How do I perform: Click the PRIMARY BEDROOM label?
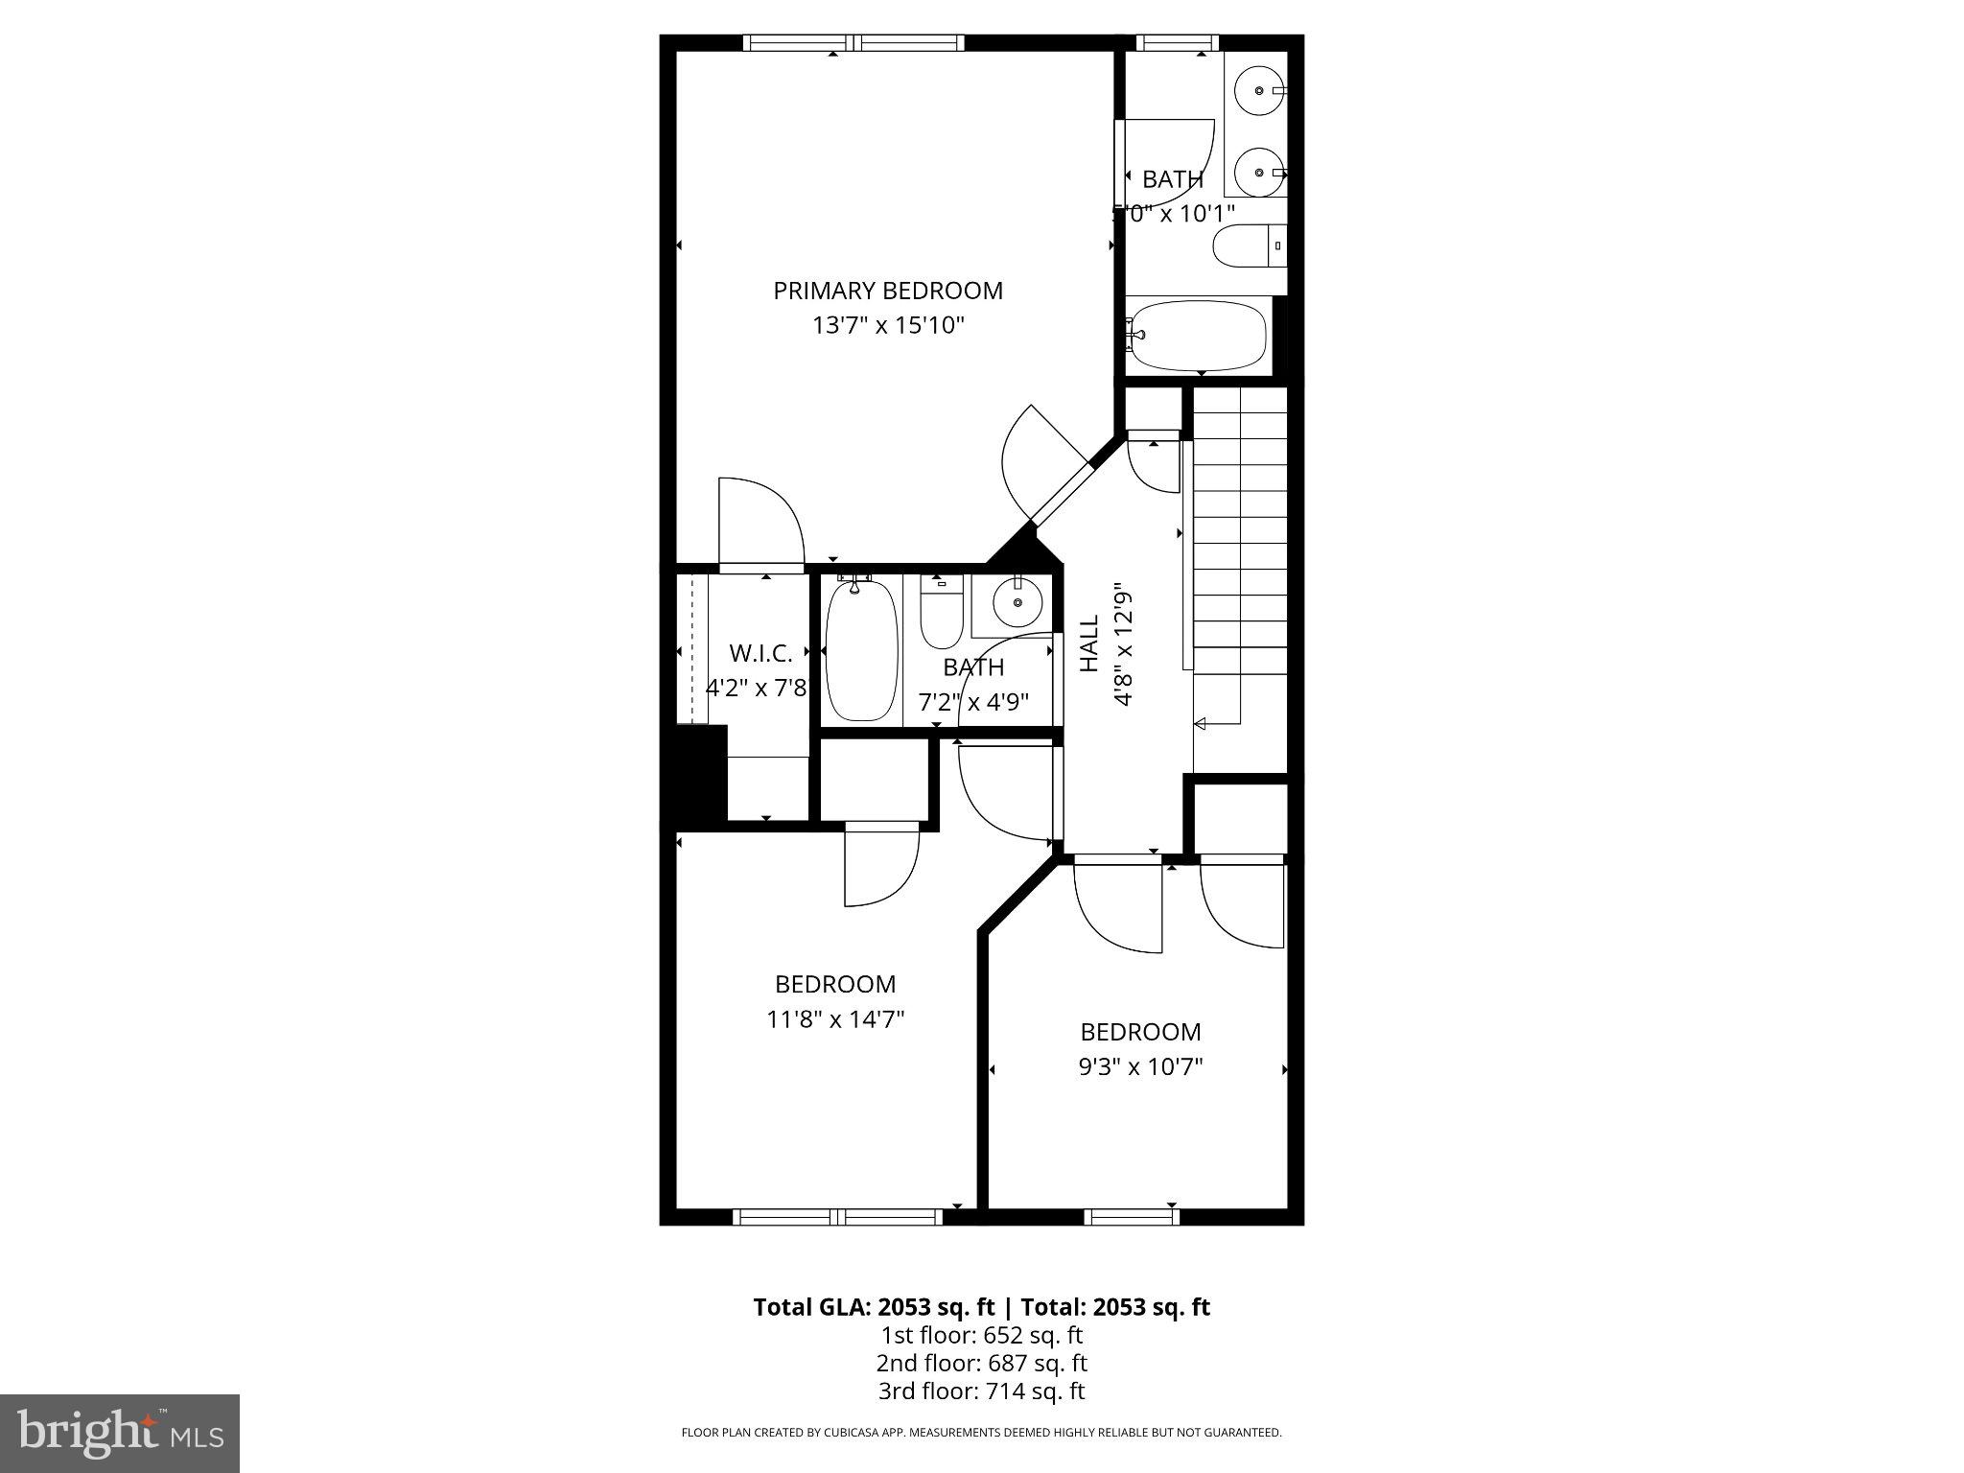click(888, 291)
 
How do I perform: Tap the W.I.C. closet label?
click(760, 654)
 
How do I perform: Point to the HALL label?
click(1089, 643)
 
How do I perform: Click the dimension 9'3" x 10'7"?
click(1140, 1066)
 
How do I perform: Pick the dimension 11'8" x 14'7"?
click(835, 1018)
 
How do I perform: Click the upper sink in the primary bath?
click(1258, 91)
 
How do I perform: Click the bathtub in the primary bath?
click(1198, 336)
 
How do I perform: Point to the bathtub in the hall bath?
click(861, 651)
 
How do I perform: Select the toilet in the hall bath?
click(941, 615)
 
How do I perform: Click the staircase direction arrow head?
click(1199, 724)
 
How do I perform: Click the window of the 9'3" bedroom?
click(1132, 1216)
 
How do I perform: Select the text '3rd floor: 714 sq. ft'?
click(981, 1391)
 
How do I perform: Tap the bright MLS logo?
click(120, 1433)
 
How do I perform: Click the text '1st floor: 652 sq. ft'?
click(981, 1335)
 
